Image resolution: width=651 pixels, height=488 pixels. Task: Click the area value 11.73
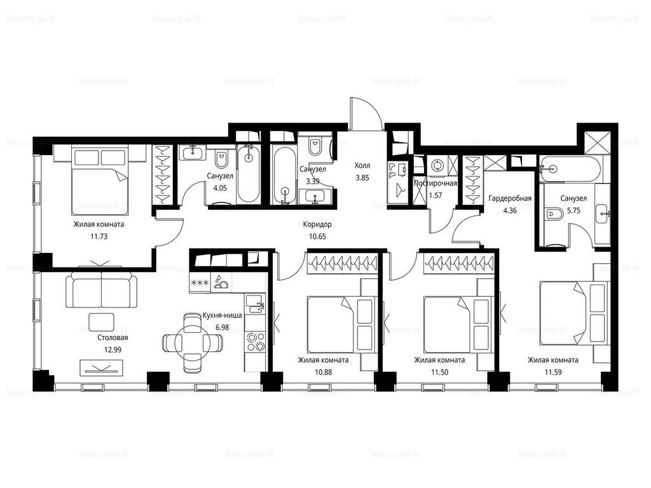[99, 236]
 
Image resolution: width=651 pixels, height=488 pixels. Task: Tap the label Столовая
[113, 337]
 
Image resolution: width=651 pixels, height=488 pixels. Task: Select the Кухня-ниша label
[222, 315]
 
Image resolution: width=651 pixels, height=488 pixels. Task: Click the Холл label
[362, 166]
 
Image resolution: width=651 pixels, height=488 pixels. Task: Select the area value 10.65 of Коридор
[317, 236]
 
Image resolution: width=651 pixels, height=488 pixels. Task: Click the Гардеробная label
[510, 198]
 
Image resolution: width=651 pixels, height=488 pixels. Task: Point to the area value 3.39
[312, 181]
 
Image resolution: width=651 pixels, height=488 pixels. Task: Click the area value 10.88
[323, 372]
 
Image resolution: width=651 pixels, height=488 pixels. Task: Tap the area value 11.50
[439, 372]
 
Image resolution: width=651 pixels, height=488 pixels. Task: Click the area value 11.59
[553, 372]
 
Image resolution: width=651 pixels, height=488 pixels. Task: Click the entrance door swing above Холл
[366, 111]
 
